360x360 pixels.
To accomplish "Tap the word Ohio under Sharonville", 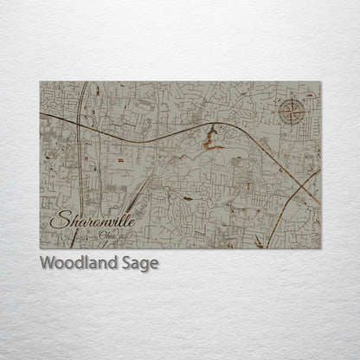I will (107, 235).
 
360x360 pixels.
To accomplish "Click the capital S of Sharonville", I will (58, 221).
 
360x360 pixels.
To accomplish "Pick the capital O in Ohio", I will (101, 235).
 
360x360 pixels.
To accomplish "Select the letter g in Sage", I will (145, 265).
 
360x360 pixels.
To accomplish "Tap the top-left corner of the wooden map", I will (40, 82).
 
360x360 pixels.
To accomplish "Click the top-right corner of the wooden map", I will (320, 82).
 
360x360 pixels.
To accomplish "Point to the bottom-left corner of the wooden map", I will (40, 248).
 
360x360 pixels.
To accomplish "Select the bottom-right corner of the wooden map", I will (320, 248).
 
